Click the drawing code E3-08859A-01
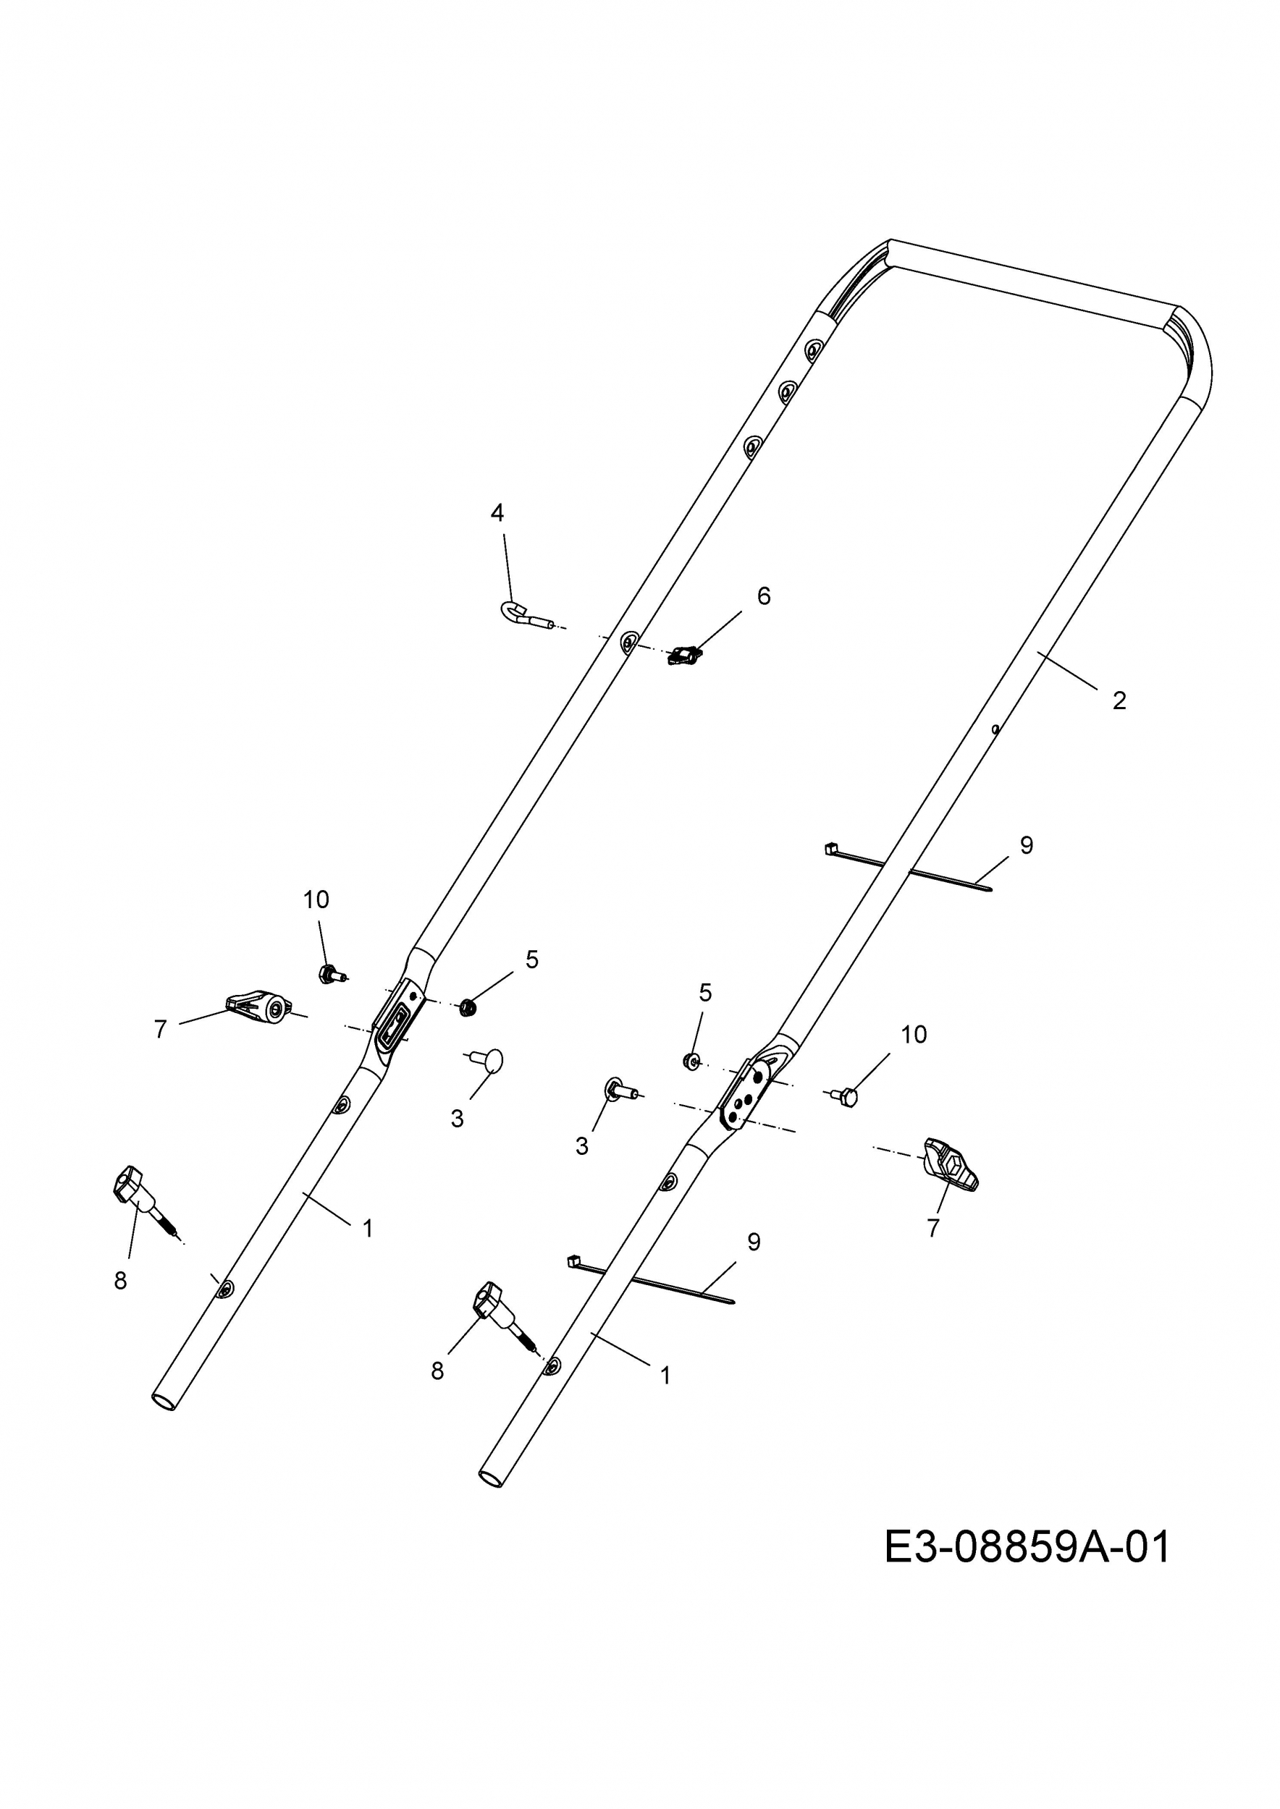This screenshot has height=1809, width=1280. tap(1027, 1548)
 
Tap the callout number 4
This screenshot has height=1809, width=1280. tap(497, 513)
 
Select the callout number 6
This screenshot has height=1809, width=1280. tap(763, 596)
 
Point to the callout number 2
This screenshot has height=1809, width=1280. tap(1119, 700)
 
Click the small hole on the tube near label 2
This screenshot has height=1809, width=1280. tap(996, 729)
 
